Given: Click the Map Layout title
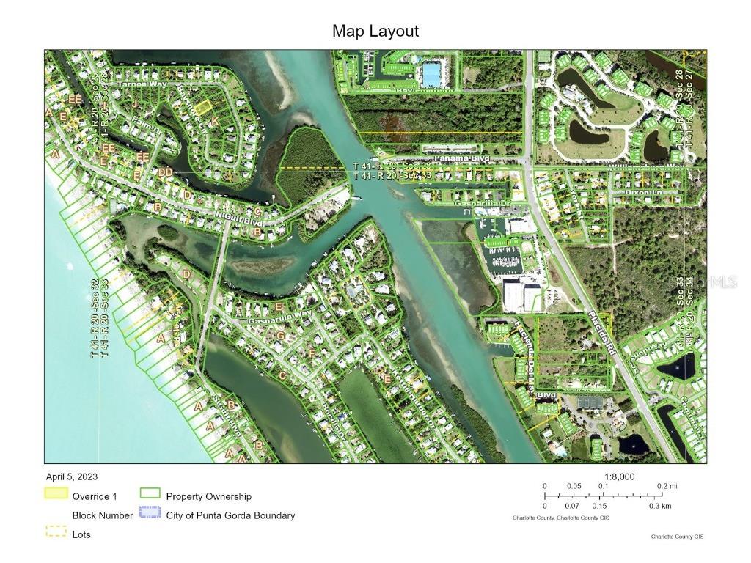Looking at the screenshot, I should coord(375,31).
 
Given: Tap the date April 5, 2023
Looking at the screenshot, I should coord(71,476).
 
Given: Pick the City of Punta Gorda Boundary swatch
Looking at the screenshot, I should coord(150,515).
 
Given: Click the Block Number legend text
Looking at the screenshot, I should coord(102,515).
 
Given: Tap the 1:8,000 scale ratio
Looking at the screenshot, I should coord(618,476).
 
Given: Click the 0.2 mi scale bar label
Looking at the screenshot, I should coord(667,486).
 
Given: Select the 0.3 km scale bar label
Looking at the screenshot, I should coord(661,506).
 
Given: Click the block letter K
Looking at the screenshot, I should coord(213,121).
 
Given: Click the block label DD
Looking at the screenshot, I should coord(165,172).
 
